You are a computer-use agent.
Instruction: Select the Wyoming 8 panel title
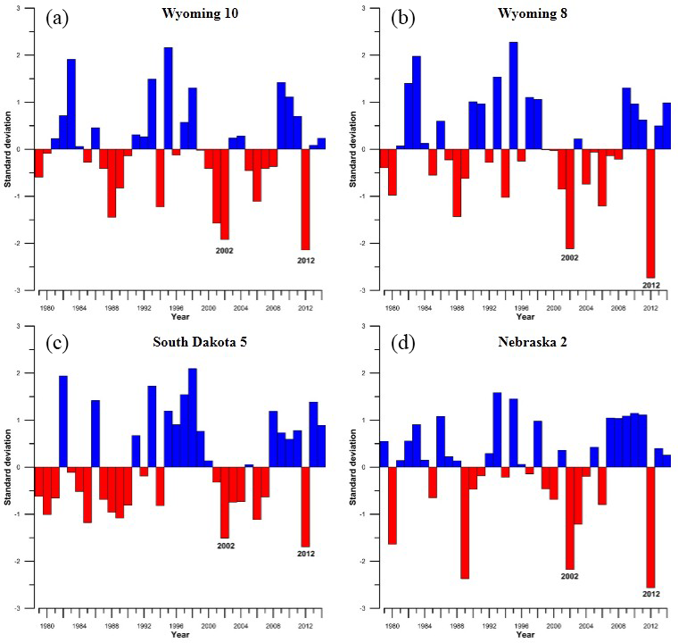[517, 15]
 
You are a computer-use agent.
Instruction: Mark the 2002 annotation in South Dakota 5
[224, 546]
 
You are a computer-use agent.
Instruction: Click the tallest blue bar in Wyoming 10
[169, 98]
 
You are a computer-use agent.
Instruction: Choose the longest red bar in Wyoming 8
[650, 213]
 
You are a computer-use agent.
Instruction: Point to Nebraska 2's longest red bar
[650, 527]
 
